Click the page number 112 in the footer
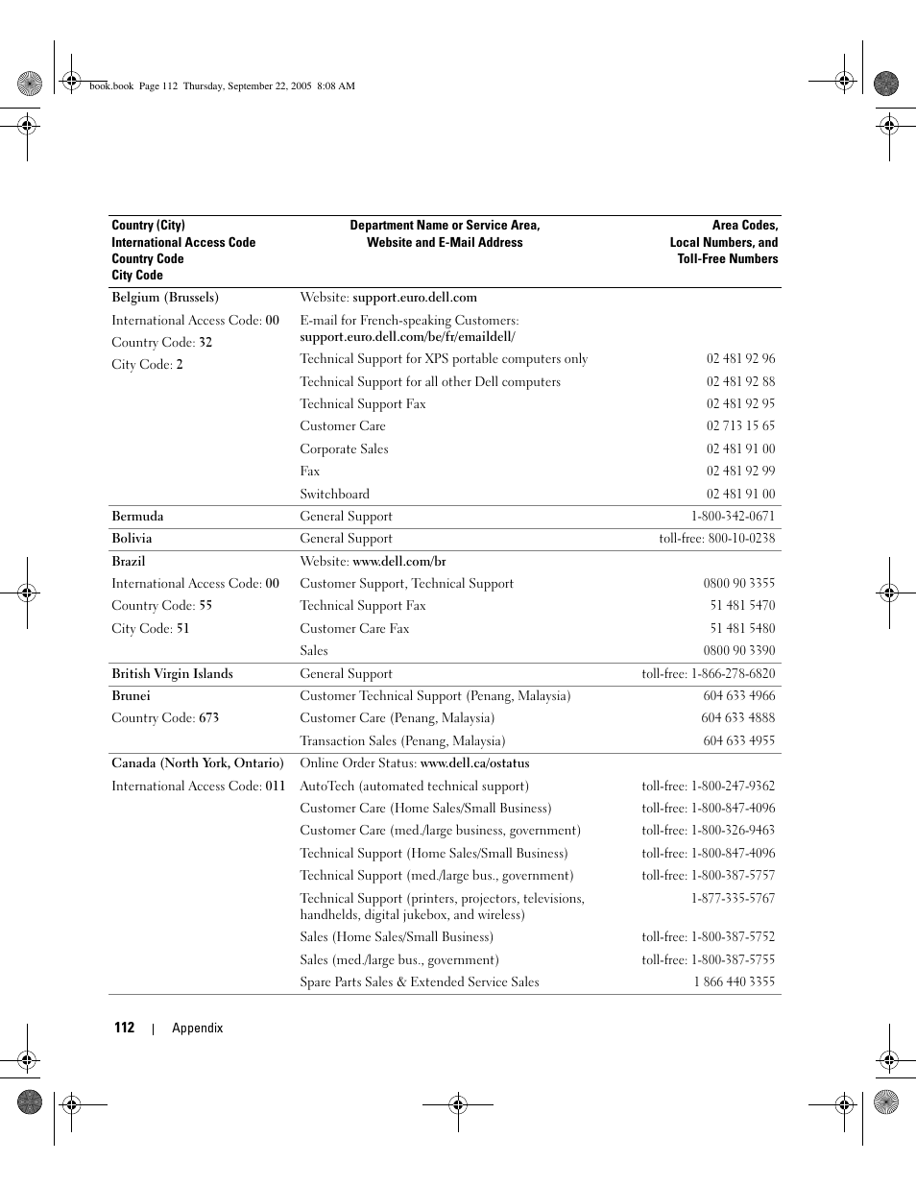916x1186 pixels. tap(124, 1028)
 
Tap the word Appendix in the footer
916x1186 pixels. tap(197, 1028)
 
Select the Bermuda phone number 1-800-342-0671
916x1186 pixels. tap(733, 517)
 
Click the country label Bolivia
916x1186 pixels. tap(132, 539)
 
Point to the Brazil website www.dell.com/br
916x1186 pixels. tap(398, 562)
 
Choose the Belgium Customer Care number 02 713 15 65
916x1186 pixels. tap(740, 426)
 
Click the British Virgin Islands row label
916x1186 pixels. tap(172, 674)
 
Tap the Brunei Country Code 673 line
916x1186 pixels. tap(165, 718)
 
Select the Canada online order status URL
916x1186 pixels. tap(474, 763)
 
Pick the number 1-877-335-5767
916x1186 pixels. tap(733, 899)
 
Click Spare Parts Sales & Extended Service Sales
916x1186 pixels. tap(419, 982)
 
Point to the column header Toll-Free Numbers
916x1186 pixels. tap(727, 259)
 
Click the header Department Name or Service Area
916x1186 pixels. tap(445, 226)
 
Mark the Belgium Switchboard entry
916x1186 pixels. tap(334, 495)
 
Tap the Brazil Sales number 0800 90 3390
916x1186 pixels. tap(738, 651)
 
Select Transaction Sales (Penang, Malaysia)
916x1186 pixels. tap(402, 741)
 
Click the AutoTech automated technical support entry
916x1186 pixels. tap(414, 787)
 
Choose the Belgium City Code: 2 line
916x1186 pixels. tap(147, 365)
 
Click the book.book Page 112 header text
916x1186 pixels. tap(133, 85)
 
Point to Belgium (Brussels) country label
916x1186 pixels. tap(165, 298)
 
